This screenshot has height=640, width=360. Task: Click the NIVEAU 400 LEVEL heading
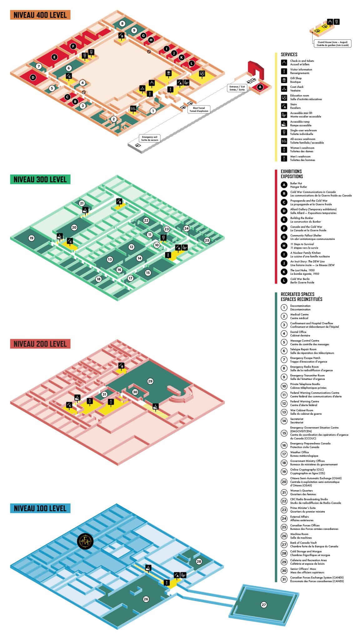(40, 15)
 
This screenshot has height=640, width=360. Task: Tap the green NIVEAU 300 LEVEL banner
(40, 179)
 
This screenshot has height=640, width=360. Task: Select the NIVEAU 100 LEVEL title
(40, 508)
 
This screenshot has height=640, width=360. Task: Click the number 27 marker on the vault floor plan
(264, 605)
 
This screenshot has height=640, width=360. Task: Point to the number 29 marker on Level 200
(150, 381)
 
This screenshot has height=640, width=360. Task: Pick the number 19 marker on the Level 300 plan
(31, 238)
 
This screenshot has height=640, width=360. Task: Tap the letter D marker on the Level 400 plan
(33, 77)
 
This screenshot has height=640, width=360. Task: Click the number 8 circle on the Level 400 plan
(122, 23)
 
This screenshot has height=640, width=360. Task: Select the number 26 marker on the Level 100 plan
(146, 599)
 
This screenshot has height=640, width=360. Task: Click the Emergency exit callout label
(150, 138)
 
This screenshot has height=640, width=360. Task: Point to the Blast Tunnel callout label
(199, 109)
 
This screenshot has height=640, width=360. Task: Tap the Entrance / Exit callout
(237, 88)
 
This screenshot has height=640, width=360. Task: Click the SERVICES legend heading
(289, 54)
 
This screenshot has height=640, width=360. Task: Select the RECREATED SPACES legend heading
(297, 294)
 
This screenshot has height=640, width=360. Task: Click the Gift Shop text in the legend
(296, 78)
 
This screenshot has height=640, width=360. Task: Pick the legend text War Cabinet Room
(302, 410)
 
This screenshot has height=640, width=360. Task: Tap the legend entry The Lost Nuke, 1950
(302, 270)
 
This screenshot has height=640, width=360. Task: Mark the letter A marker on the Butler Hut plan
(260, 87)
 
